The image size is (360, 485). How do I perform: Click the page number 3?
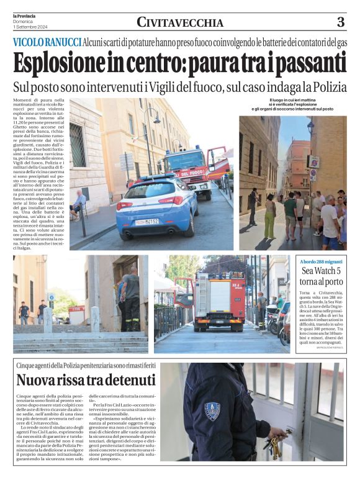click(340, 22)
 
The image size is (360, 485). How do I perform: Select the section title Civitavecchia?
click(179, 23)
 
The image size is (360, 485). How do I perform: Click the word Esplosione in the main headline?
click(61, 63)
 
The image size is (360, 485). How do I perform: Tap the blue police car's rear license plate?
click(147, 222)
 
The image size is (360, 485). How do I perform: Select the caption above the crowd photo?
click(292, 104)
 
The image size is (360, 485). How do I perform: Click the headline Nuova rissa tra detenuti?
click(86, 379)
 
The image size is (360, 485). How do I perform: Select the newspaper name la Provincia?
click(24, 16)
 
